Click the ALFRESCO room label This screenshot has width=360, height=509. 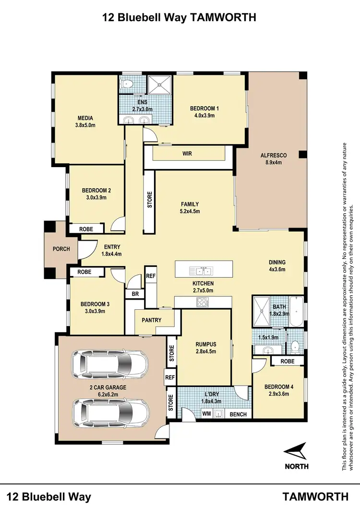coord(273,155)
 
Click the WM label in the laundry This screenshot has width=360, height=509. coord(206,413)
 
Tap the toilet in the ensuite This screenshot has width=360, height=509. coord(127,85)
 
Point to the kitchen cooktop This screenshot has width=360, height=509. coord(202,302)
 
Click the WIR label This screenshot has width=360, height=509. coord(188,154)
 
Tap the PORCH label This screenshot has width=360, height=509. coord(61,249)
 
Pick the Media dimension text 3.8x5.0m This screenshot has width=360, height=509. coord(85,125)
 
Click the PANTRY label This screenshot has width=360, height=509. coord(151,320)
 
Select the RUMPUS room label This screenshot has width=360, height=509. coord(205,344)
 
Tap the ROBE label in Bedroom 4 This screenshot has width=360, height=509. coord(287,361)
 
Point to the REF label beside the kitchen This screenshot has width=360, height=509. coord(151,276)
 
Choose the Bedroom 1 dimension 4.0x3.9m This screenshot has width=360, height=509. coord(204,115)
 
